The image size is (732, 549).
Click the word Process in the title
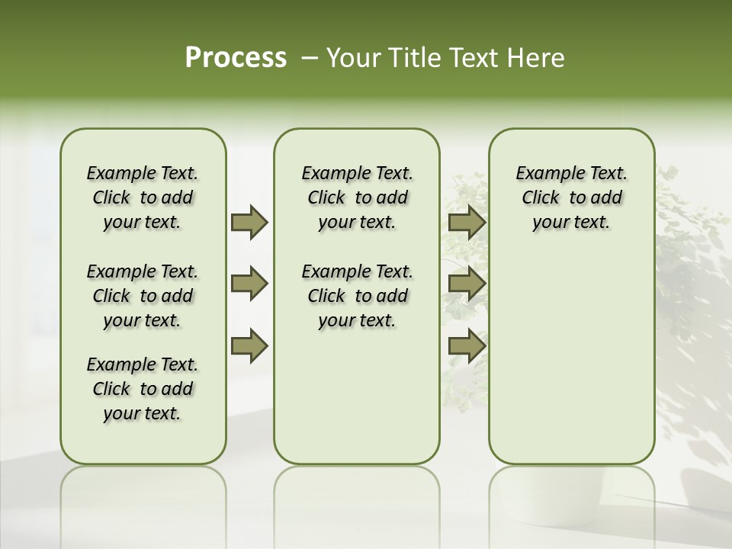(x=236, y=58)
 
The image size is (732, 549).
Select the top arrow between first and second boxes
(x=249, y=222)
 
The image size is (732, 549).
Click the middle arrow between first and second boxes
(x=249, y=284)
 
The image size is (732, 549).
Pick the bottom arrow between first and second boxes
(x=249, y=346)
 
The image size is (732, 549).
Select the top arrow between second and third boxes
(x=467, y=222)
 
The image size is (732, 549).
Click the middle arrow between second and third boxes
(x=467, y=284)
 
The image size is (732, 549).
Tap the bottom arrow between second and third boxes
(x=467, y=346)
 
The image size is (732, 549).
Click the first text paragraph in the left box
(x=143, y=197)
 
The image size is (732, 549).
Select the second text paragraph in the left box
(x=143, y=296)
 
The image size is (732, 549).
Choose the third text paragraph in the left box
(x=143, y=389)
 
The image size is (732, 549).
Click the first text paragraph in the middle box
(x=357, y=197)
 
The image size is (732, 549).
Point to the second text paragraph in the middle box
(x=357, y=296)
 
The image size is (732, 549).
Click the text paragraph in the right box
(x=571, y=197)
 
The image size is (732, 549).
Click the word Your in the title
(x=353, y=58)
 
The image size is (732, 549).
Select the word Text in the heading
(x=472, y=58)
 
